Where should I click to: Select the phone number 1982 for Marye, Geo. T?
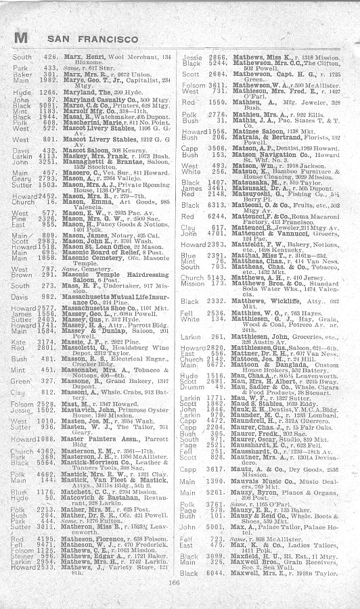pos(45,81)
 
